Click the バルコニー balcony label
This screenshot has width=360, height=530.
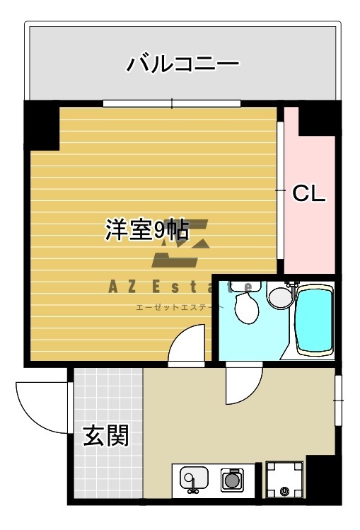tap(183, 64)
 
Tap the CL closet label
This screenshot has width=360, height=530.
tap(309, 192)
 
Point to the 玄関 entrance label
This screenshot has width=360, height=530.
tap(106, 436)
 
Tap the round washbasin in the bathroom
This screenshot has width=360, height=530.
tap(280, 295)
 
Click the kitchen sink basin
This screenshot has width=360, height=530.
tap(193, 479)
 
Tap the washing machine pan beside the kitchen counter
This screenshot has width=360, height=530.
tap(284, 480)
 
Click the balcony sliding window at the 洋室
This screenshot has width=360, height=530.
tap(172, 103)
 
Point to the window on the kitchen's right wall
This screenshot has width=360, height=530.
tap(338, 401)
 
